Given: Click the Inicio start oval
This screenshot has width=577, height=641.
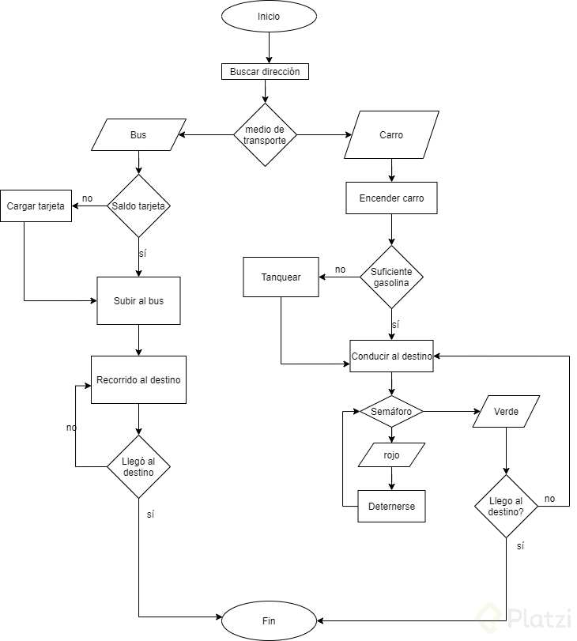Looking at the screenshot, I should pyautogui.click(x=269, y=17).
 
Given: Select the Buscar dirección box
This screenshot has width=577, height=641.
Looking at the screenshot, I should pyautogui.click(x=265, y=72).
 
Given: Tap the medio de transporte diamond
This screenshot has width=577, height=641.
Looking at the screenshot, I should pyautogui.click(x=265, y=135).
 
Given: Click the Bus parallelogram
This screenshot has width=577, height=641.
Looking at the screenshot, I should pyautogui.click(x=138, y=135).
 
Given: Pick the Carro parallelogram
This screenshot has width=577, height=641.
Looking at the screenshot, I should pyautogui.click(x=391, y=135).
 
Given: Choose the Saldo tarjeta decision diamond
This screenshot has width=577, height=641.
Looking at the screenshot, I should pyautogui.click(x=138, y=206).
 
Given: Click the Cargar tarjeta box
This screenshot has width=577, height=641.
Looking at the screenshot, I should pyautogui.click(x=36, y=206).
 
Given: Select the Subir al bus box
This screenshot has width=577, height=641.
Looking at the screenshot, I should pyautogui.click(x=138, y=300).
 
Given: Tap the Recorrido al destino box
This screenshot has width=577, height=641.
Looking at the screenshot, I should pyautogui.click(x=138, y=379).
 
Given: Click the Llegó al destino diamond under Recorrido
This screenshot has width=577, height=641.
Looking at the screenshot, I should pyautogui.click(x=138, y=466).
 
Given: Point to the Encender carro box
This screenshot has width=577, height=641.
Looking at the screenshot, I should pyautogui.click(x=391, y=198).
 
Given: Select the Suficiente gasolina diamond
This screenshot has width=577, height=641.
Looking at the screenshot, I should pyautogui.click(x=391, y=277).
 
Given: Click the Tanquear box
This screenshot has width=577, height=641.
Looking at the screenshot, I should pyautogui.click(x=281, y=277).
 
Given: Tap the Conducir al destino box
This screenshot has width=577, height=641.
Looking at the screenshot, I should pyautogui.click(x=391, y=356).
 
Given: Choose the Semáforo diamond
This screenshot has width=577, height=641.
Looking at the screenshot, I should pyautogui.click(x=391, y=411).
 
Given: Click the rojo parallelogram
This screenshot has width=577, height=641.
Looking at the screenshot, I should pyautogui.click(x=391, y=455).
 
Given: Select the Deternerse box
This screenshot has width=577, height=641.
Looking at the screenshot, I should pyautogui.click(x=391, y=506).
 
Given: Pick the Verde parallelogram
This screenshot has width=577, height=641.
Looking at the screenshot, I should pyautogui.click(x=506, y=411).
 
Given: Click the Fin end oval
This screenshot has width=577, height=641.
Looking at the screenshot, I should pyautogui.click(x=269, y=620).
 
